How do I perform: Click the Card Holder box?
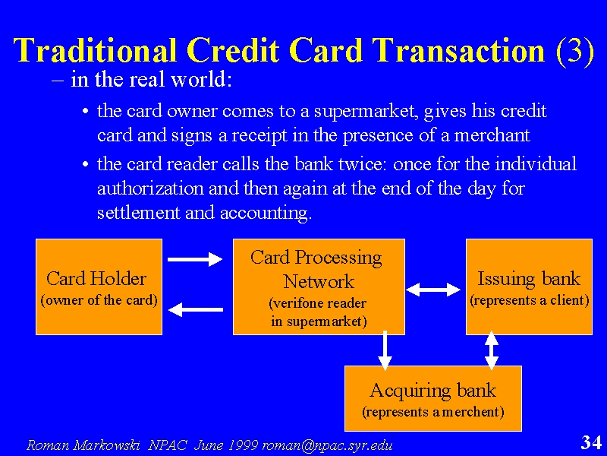[x=99, y=287]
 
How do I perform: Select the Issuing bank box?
[x=529, y=287]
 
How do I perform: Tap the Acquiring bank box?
[x=432, y=398]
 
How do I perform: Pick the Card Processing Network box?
[x=319, y=287]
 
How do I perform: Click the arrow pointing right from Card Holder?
[x=195, y=259]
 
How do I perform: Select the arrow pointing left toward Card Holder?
[x=196, y=309]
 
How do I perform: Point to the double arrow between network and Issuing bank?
[x=433, y=290]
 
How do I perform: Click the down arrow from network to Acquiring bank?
[x=385, y=350]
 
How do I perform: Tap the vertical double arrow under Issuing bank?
[x=491, y=350]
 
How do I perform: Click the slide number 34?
[x=591, y=442]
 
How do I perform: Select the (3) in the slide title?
[x=574, y=51]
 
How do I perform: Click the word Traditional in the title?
[x=96, y=50]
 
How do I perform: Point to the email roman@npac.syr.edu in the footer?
[x=327, y=445]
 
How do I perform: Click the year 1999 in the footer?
[x=244, y=445]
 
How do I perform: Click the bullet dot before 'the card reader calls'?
[x=86, y=164]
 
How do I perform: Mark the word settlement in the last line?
[x=139, y=213]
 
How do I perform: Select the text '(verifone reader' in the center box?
[x=317, y=303]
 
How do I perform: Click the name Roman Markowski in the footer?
[x=83, y=445]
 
